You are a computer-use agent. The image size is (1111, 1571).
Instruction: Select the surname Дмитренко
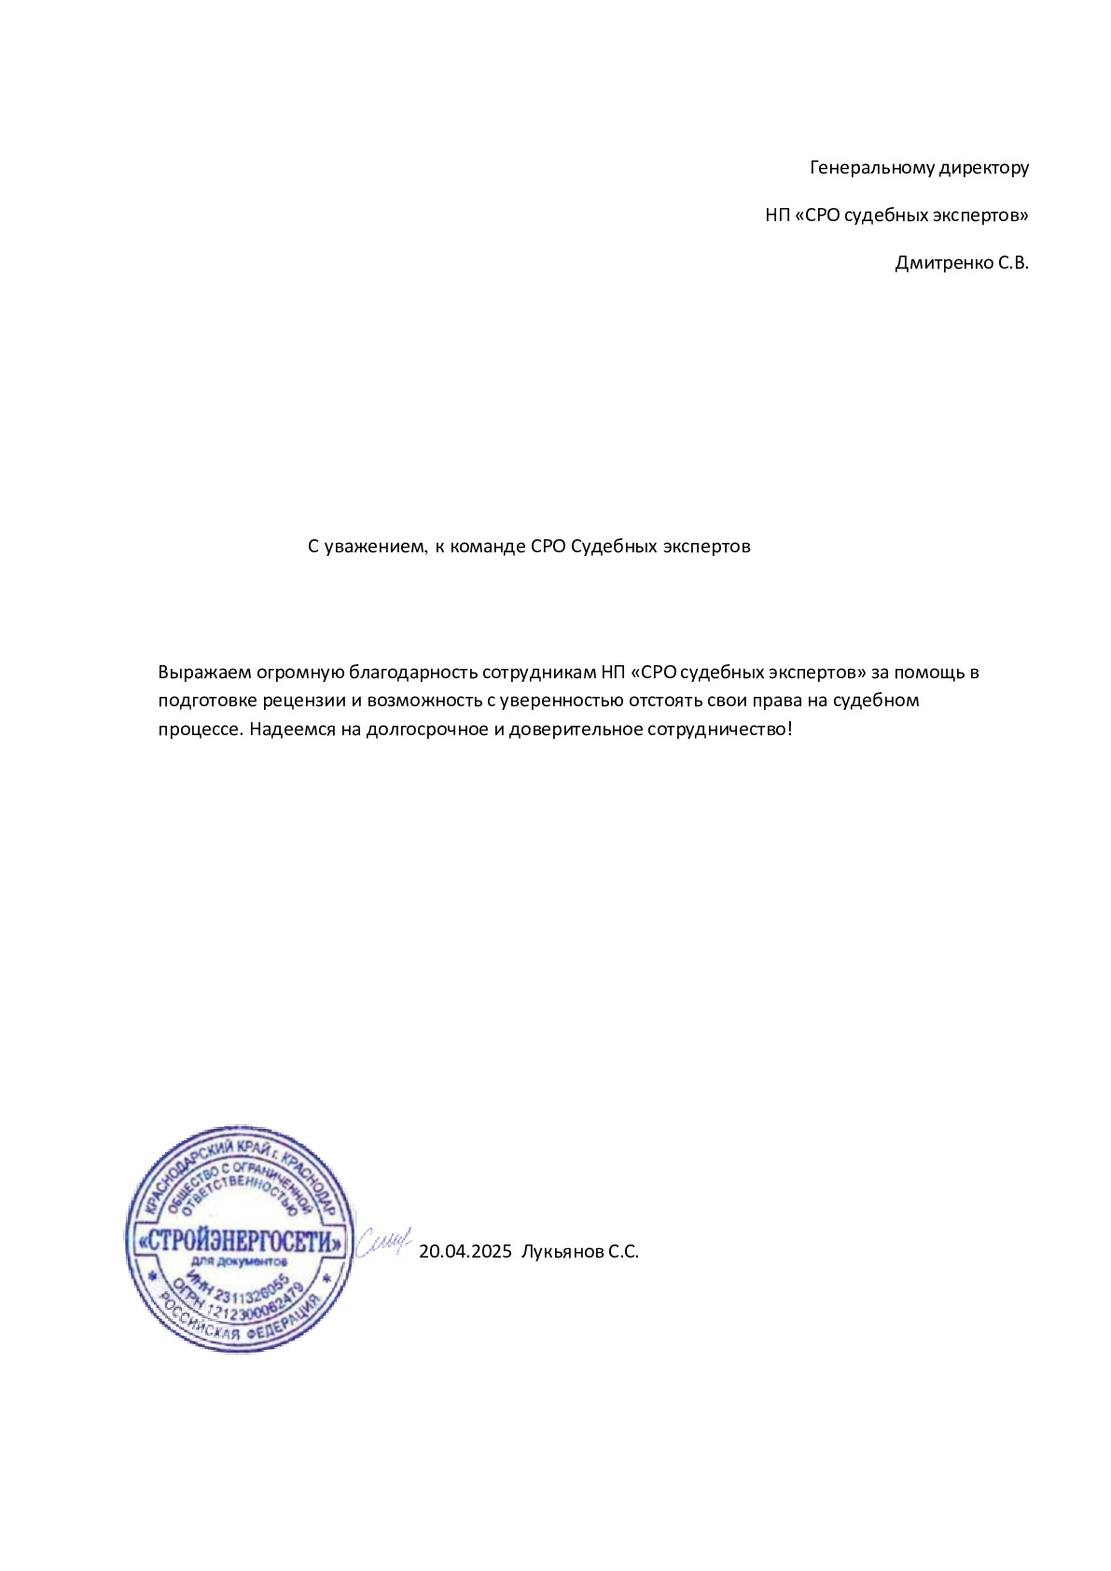(x=943, y=263)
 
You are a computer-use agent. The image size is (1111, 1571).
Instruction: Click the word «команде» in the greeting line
(x=488, y=547)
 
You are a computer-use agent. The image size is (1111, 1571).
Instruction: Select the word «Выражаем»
(x=203, y=673)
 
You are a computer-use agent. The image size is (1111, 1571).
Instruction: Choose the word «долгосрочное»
(x=426, y=729)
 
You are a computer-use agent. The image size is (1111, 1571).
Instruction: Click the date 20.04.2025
(x=465, y=1252)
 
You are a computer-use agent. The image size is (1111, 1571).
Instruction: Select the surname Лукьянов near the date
(x=562, y=1252)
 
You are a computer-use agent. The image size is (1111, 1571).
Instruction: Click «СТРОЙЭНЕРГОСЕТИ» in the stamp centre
(x=240, y=1242)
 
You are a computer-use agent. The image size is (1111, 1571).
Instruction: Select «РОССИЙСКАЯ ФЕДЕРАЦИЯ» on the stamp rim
(x=241, y=1325)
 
